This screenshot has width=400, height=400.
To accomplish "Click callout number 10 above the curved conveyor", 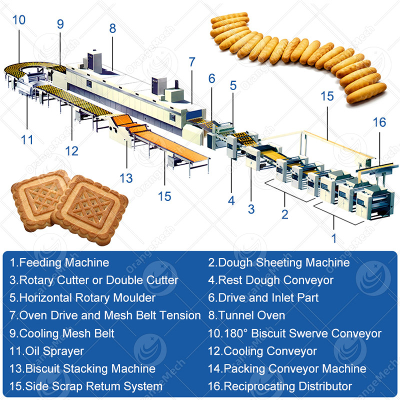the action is (x=19, y=20).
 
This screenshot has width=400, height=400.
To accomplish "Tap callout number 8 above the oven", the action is (x=112, y=28).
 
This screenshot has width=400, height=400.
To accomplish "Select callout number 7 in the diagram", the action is (x=192, y=61).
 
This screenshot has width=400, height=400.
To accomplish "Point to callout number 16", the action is (x=379, y=122).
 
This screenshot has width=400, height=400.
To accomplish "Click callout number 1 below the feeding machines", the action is (x=333, y=238).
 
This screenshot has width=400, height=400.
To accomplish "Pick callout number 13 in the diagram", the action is (x=126, y=178).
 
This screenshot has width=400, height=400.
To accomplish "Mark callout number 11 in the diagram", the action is (x=27, y=139).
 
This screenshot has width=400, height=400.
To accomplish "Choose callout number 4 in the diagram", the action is (x=231, y=201).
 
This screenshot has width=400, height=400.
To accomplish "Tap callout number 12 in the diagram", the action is (x=71, y=151).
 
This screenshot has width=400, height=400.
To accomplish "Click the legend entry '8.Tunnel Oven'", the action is (x=246, y=315).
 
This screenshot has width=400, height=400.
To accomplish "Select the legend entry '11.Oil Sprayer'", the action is (x=46, y=351).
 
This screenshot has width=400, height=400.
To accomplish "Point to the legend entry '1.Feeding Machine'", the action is (x=59, y=262).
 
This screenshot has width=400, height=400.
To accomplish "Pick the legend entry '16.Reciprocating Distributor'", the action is (x=280, y=386).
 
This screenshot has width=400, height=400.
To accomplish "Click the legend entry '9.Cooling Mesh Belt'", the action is (x=62, y=333).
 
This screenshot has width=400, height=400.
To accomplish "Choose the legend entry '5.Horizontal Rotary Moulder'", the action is (x=82, y=297).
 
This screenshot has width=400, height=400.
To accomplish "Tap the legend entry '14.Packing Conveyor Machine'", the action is (x=287, y=368).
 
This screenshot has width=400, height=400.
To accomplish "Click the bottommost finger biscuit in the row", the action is (x=366, y=93).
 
